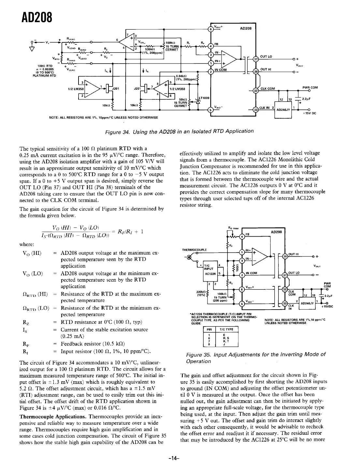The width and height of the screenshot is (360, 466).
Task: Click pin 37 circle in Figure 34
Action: click(256, 59)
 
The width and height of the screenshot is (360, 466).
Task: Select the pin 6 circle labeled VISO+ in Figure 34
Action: click(211, 29)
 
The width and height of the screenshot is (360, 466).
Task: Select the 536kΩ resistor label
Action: click(150, 50)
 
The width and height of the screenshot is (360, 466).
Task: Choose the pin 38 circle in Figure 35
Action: click(285, 255)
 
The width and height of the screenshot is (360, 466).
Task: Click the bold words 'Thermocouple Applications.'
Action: click(53, 416)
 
